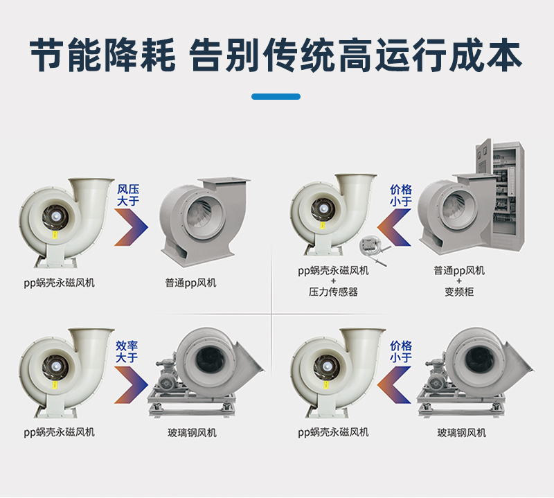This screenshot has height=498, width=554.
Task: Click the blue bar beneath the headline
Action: [276, 97]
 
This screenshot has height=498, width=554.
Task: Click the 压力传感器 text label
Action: [333, 292]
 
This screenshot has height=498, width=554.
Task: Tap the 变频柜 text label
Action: [459, 292]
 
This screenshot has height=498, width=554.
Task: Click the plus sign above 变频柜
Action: [459, 281]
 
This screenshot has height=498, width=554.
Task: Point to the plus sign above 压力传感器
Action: [333, 281]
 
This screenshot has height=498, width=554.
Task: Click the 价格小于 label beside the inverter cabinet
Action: [401, 195]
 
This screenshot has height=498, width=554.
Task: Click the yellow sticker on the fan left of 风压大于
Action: [54, 235]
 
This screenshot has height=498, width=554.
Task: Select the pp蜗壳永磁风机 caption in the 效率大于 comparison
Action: [60, 432]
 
